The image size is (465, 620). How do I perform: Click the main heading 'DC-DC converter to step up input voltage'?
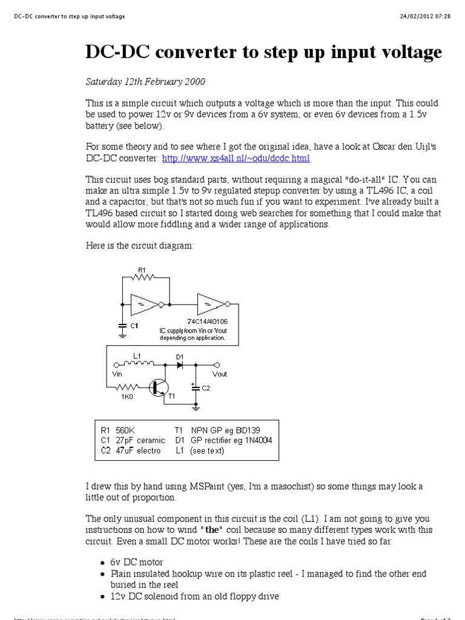[263, 53]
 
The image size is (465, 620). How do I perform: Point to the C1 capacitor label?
[134, 326]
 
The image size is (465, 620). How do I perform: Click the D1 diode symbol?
[180, 365]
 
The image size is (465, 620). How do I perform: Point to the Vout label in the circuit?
[220, 374]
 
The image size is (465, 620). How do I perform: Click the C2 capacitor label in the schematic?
[206, 387]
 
